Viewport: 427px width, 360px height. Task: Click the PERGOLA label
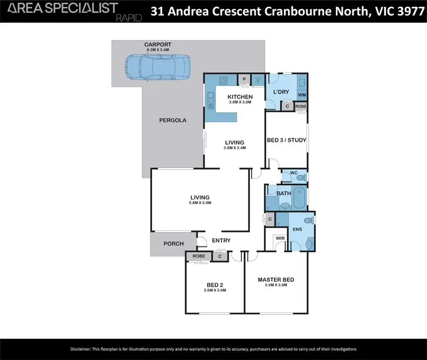coord(173,120)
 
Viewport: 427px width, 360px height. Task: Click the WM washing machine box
coord(302,95)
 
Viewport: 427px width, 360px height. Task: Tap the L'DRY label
coord(281,92)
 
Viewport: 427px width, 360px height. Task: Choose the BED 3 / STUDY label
coord(286,140)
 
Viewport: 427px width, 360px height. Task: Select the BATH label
coord(284,193)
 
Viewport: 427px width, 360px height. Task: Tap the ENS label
coord(297,229)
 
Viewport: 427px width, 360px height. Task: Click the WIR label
coord(280,239)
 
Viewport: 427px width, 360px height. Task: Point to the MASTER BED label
coord(276,279)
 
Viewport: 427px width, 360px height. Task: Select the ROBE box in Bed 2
coord(199,256)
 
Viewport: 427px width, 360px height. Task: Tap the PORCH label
coord(173,243)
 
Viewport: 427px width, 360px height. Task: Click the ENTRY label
coord(221,240)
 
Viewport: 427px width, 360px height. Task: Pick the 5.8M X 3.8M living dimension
coord(200,203)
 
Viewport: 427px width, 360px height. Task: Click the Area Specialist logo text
coord(60,8)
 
